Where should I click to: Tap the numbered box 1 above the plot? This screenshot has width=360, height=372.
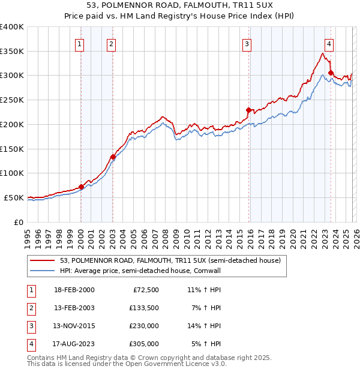pos(80,43)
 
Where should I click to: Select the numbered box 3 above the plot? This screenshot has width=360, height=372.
pos(247,43)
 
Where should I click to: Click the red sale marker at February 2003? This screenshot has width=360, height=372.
pos(113,157)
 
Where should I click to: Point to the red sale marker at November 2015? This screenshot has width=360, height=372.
pos(248,110)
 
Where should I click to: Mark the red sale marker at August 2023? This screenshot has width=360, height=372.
pos(331,73)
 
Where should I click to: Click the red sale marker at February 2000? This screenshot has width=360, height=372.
pos(81,187)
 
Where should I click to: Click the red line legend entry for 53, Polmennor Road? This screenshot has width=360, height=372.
pos(170,260)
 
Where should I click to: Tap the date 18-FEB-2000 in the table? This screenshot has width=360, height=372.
pos(74,290)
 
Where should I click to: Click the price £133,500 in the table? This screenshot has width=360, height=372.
pos(143,308)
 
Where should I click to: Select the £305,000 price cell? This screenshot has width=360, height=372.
pos(143,344)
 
